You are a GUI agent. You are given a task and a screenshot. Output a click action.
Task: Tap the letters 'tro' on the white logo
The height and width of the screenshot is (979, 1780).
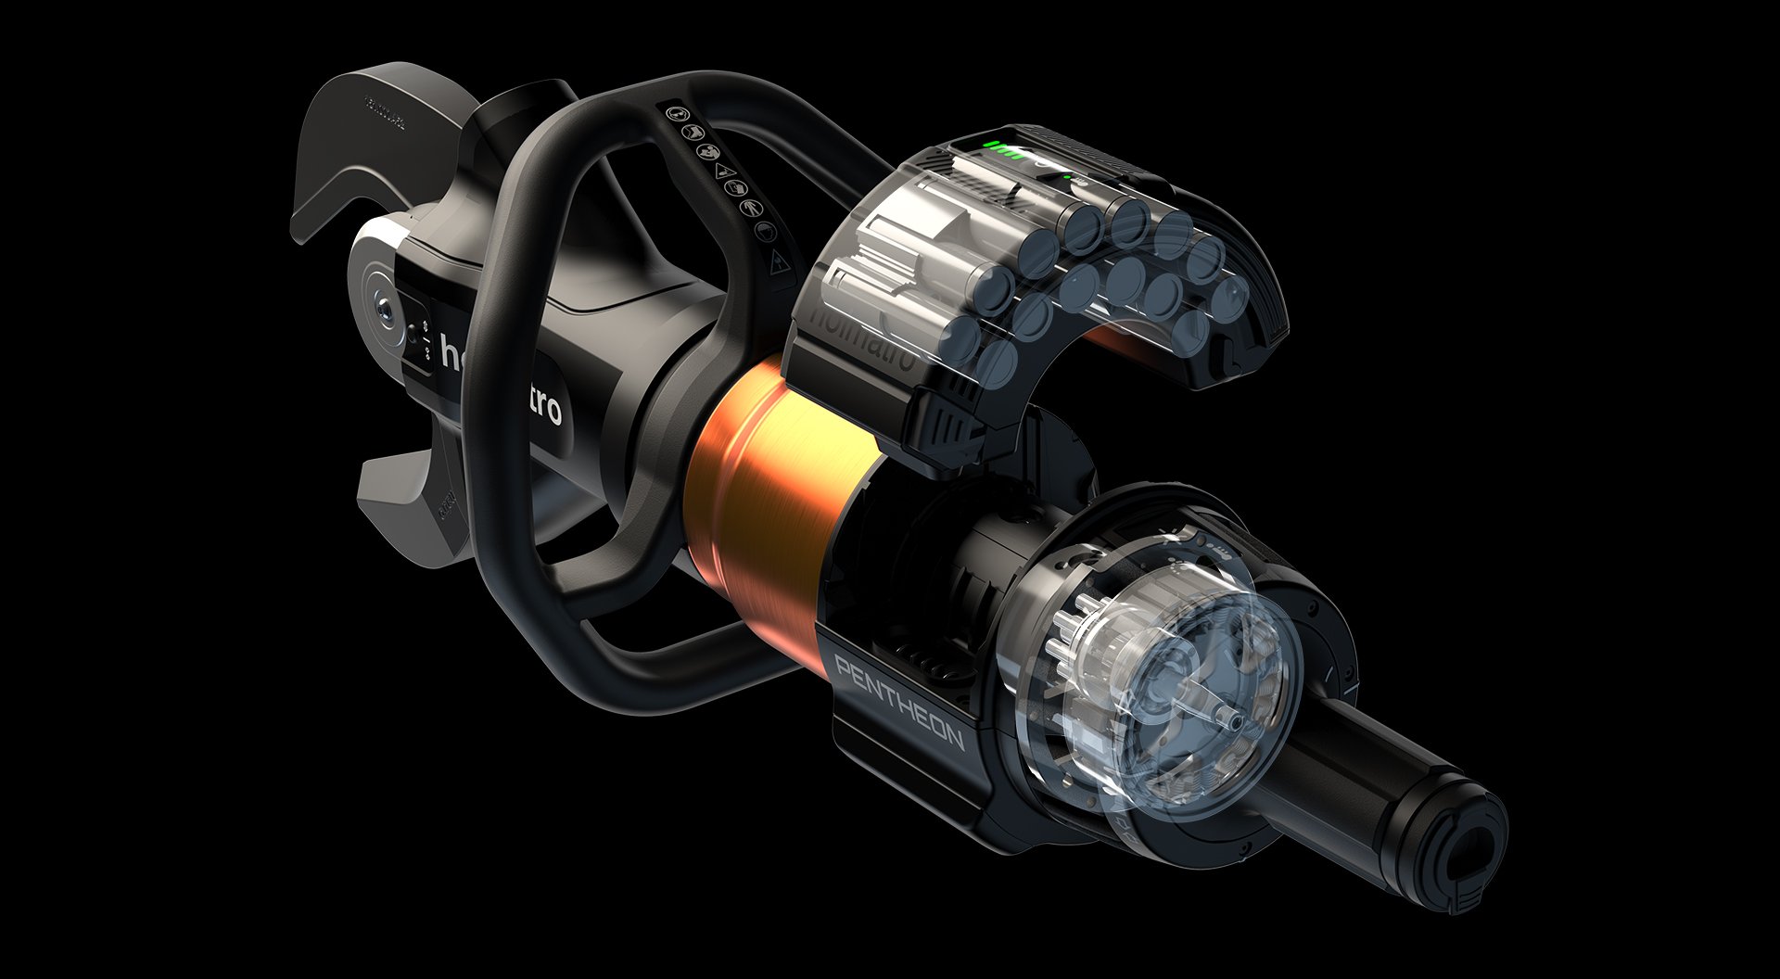tap(542, 404)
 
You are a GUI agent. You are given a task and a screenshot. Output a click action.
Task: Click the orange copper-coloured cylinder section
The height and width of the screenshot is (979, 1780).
tap(769, 482)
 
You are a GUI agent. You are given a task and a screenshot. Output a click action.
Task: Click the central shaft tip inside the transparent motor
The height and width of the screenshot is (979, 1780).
tap(1229, 718)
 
